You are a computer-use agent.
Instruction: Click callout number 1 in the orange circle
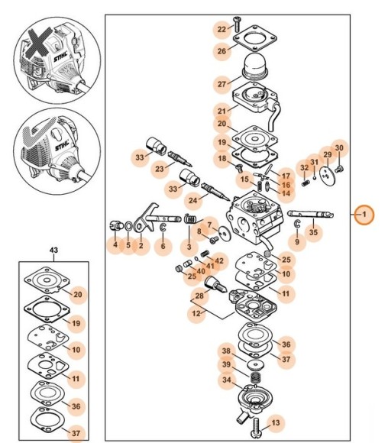tap(364, 215)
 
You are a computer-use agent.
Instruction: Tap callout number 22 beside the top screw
tap(221, 29)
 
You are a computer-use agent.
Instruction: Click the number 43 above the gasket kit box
tap(53, 250)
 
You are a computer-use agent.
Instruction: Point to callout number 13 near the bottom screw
tap(275, 422)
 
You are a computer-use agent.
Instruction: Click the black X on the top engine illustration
tap(39, 43)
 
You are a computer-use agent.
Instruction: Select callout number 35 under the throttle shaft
tap(313, 232)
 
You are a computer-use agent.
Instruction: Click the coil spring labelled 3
tap(190, 219)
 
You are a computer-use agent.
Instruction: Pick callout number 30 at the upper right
tap(339, 147)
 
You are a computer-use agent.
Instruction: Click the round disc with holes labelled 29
tap(327, 176)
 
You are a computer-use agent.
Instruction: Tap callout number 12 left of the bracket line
tap(196, 313)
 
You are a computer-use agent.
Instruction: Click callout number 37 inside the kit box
tap(76, 433)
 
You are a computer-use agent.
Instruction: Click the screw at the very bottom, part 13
tap(255, 428)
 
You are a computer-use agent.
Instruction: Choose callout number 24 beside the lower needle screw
tap(192, 200)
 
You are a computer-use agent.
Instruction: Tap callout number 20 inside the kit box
tap(78, 294)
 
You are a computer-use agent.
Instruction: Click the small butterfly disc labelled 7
tap(225, 234)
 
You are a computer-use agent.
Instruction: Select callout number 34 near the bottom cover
tap(227, 380)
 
